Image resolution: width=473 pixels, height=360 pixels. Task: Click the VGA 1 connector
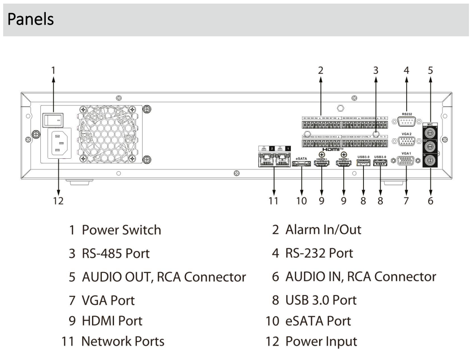(x=407, y=162)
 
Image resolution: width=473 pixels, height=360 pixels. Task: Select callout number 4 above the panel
(x=406, y=70)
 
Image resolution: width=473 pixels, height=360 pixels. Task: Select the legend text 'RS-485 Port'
(x=115, y=253)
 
